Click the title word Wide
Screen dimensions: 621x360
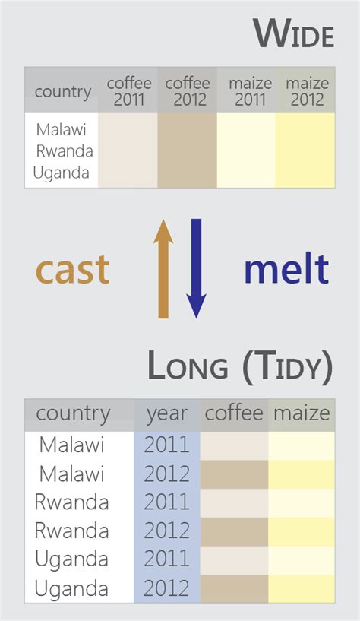click(293, 34)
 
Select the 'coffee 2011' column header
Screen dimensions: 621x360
click(128, 91)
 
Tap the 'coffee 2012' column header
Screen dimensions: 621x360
click(187, 91)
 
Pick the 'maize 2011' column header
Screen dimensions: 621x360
click(246, 91)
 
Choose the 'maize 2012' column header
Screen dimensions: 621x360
click(306, 91)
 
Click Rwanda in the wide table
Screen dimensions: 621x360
click(64, 150)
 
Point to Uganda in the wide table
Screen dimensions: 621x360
click(62, 173)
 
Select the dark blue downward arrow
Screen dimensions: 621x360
click(196, 268)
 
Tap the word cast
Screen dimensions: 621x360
click(73, 270)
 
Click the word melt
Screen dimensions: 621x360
click(286, 269)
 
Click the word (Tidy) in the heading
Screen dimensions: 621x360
click(287, 367)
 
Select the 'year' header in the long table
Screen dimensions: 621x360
click(166, 414)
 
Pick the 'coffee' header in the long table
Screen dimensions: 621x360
click(234, 414)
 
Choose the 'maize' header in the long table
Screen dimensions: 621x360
click(302, 414)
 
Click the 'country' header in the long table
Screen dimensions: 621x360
click(73, 414)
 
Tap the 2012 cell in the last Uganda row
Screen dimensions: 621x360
click(166, 588)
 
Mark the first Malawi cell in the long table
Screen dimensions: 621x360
click(71, 445)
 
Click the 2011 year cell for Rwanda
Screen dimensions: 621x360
click(166, 502)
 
